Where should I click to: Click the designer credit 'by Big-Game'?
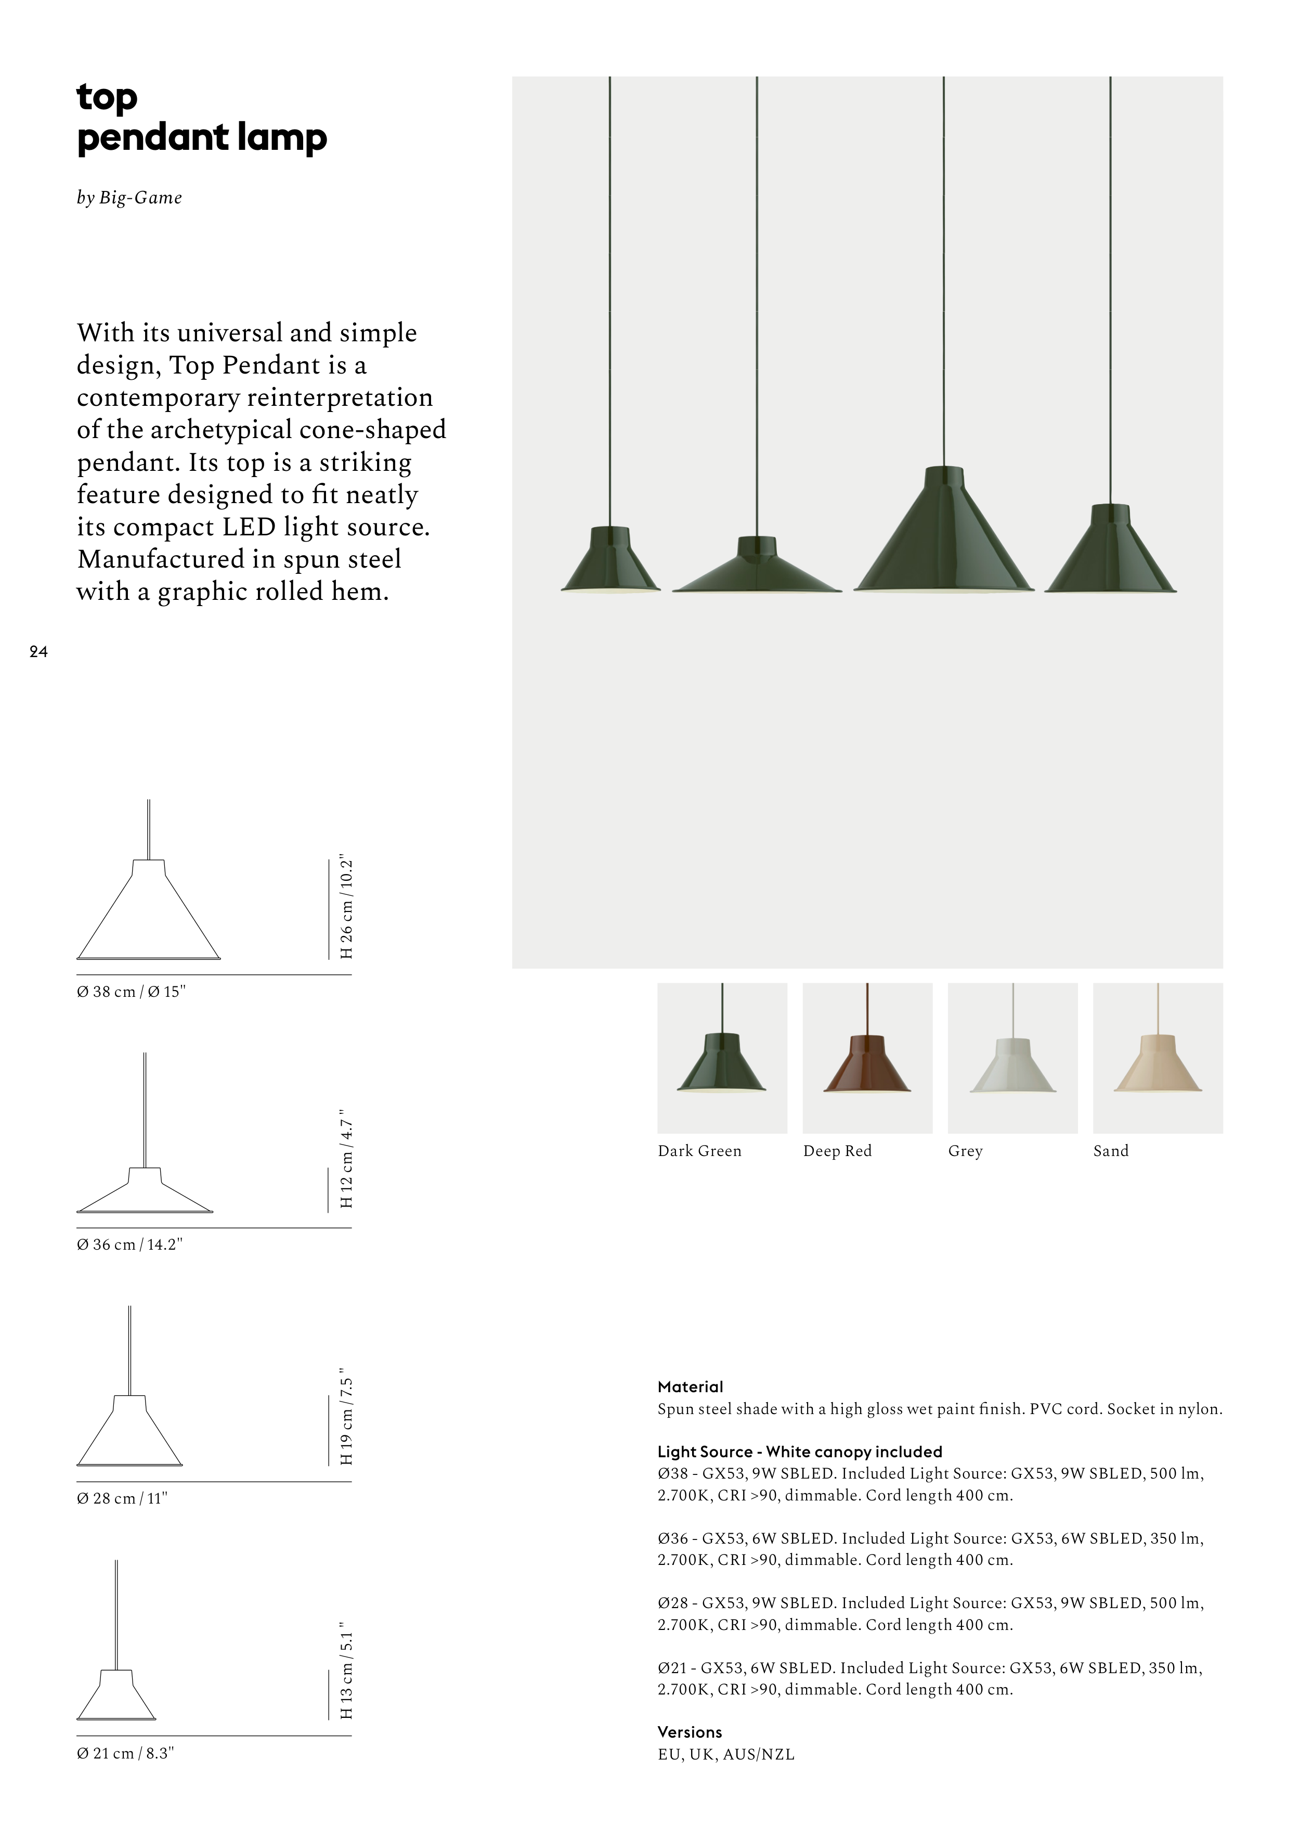[x=129, y=198]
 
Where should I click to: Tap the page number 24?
[x=38, y=652]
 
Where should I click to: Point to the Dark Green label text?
[x=699, y=1151]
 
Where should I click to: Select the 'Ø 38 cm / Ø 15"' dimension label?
[x=131, y=991]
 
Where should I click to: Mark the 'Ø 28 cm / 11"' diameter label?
[x=122, y=1498]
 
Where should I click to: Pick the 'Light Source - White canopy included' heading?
[x=799, y=1451]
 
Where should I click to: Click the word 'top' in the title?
[x=107, y=98]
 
